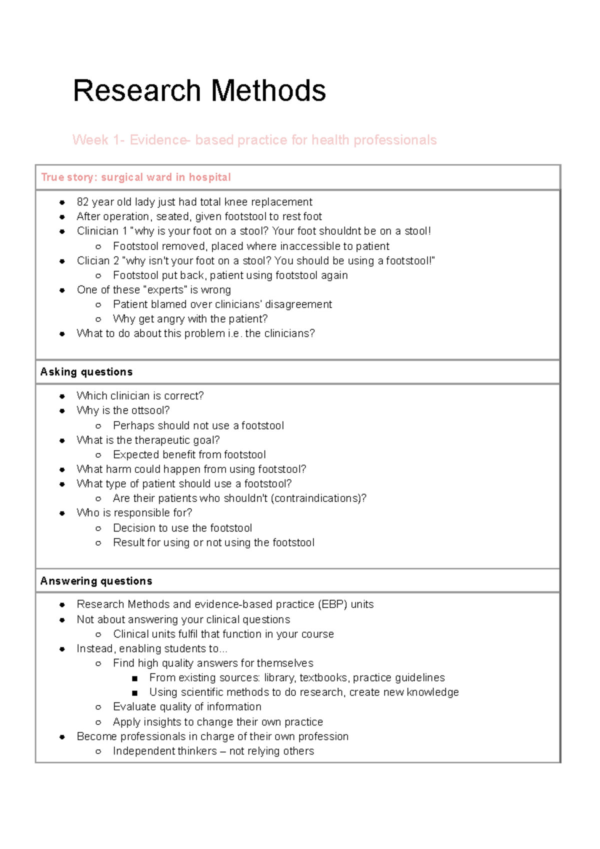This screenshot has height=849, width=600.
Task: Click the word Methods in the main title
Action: [268, 91]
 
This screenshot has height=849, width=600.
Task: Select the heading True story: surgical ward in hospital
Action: [135, 177]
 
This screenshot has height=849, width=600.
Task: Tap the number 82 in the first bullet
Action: [82, 202]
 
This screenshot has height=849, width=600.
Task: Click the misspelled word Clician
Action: [93, 261]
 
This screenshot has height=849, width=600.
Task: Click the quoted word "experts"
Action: [165, 290]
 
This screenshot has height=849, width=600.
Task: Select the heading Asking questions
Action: [86, 372]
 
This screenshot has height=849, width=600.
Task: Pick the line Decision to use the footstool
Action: [182, 528]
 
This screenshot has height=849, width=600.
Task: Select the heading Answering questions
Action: [96, 581]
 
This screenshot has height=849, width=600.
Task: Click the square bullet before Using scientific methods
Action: [134, 693]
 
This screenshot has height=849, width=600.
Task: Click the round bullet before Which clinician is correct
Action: [62, 396]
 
